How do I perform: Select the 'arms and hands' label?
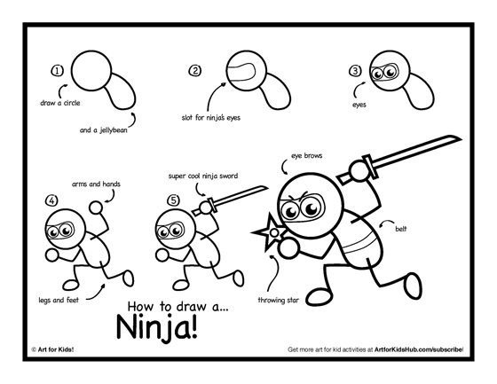point(95,184)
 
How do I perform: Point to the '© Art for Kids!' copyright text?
point(55,351)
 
